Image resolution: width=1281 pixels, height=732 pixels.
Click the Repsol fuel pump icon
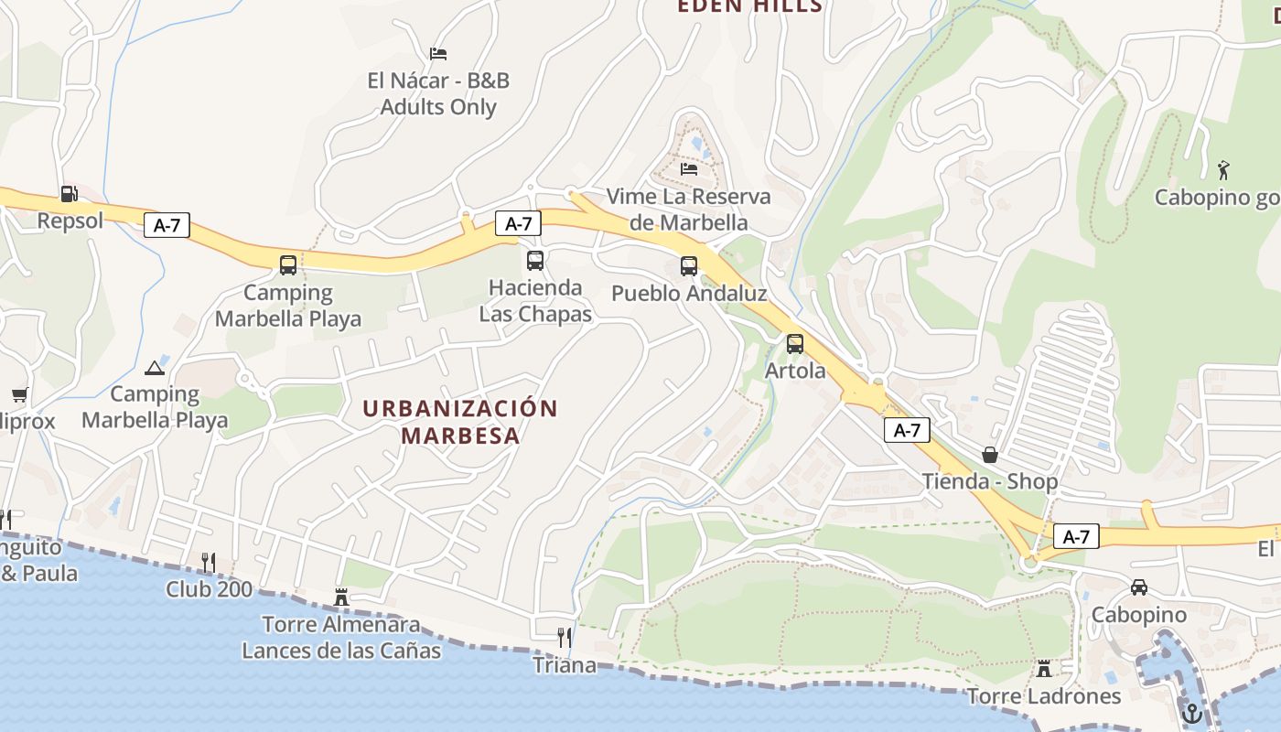click(69, 194)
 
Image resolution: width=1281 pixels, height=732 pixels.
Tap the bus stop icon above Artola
click(795, 345)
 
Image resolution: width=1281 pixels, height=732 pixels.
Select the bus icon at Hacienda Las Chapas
click(535, 261)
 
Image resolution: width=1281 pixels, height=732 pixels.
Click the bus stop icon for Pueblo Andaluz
click(689, 266)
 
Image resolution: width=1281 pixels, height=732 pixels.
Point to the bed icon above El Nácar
click(438, 54)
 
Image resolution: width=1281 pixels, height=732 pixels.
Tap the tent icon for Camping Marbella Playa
click(155, 368)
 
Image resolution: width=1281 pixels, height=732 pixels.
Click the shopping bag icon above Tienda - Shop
click(989, 455)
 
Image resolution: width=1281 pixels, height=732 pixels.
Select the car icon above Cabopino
click(1139, 587)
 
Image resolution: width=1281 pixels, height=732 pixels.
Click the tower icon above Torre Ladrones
click(1044, 669)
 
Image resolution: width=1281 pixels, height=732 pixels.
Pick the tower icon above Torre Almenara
click(341, 597)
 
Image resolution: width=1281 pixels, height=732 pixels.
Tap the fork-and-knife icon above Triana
click(565, 637)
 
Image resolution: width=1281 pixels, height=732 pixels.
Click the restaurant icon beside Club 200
click(209, 562)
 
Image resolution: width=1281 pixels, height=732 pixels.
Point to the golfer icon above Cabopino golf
click(1223, 169)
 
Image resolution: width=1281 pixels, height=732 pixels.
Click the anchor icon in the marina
click(1191, 713)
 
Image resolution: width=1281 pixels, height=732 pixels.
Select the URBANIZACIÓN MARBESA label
click(460, 421)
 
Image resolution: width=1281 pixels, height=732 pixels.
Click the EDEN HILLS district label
click(749, 6)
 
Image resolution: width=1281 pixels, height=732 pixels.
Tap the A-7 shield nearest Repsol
click(167, 225)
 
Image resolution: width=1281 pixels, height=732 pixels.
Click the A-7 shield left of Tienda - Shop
click(907, 430)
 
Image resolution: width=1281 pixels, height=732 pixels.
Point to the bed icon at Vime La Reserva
click(689, 168)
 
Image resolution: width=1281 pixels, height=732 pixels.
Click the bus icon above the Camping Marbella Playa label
click(288, 265)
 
